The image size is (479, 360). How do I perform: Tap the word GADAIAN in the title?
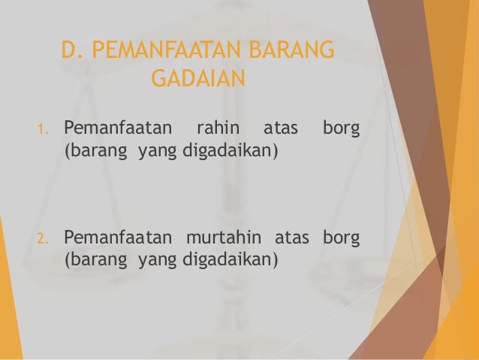pyautogui.click(x=198, y=77)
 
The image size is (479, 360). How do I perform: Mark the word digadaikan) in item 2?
pyautogui.click(x=229, y=262)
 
